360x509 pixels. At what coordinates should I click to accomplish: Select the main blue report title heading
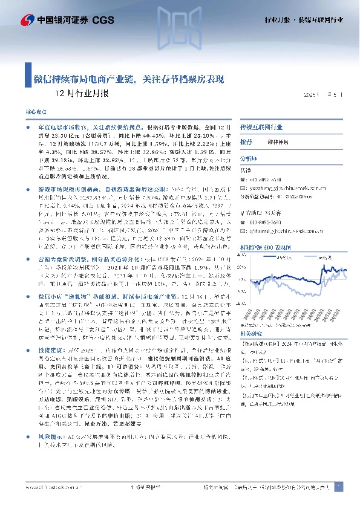[128, 79]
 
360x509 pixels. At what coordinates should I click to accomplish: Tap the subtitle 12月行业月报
[82, 94]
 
